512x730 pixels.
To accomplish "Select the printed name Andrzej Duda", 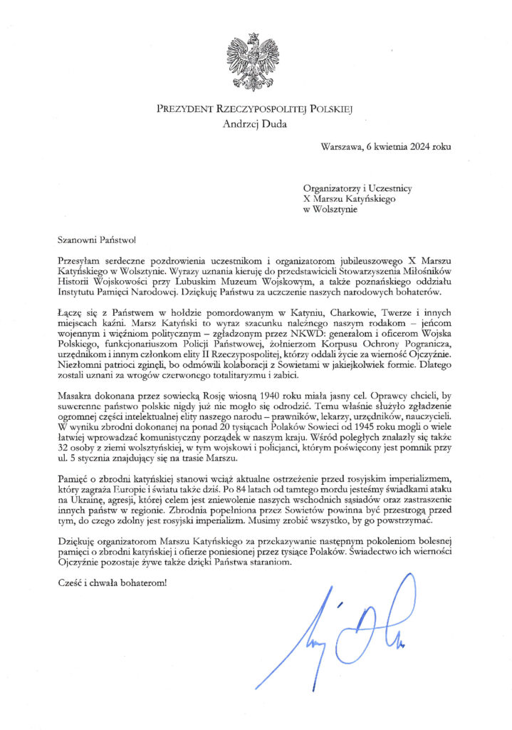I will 256,124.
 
